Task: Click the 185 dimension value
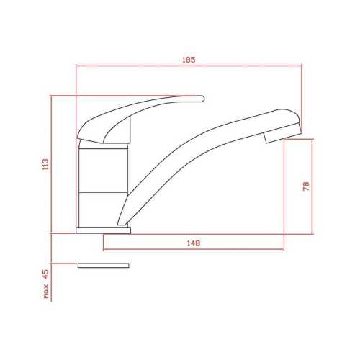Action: tap(189, 59)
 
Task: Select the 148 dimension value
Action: tap(192, 243)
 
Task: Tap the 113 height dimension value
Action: tap(45, 165)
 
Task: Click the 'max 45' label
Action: tap(45, 284)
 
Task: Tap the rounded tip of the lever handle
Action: tap(200, 98)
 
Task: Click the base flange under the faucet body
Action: tap(104, 230)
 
